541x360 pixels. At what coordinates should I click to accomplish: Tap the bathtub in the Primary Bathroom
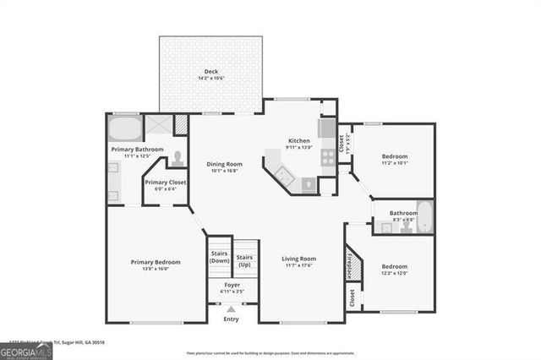tap(124, 131)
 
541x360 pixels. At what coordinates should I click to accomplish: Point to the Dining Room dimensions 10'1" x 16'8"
tap(225, 171)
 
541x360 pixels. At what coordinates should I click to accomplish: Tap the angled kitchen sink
tap(285, 178)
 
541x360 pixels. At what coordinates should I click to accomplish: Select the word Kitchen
tap(299, 140)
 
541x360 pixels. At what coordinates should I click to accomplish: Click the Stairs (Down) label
tap(219, 257)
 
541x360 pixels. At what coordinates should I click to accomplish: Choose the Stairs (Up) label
tap(245, 257)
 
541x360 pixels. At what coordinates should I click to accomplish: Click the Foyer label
tap(232, 285)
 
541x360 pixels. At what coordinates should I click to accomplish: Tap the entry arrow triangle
tap(231, 311)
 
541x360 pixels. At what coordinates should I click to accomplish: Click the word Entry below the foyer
tap(231, 319)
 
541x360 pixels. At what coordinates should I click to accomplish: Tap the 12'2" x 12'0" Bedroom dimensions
tap(395, 273)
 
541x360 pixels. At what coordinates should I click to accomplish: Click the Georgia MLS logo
tap(27, 348)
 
